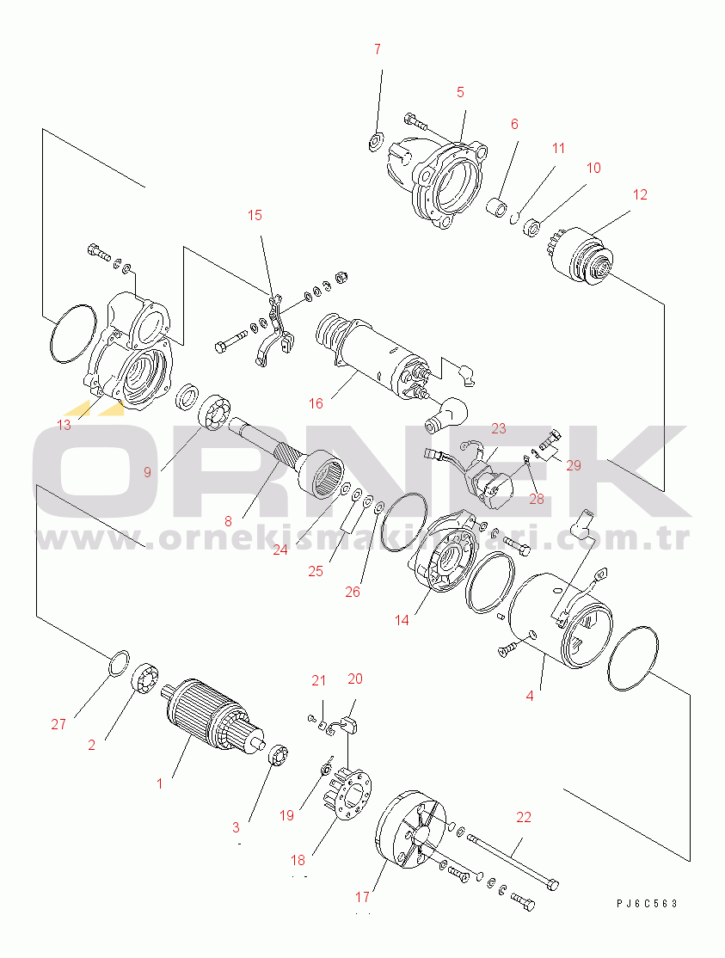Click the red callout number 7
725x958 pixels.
(x=378, y=50)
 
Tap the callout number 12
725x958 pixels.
(x=640, y=195)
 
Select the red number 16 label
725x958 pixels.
(x=316, y=404)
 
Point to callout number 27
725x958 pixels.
(x=58, y=725)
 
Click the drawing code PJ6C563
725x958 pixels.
(x=647, y=904)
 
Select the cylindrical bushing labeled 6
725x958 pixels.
(x=496, y=207)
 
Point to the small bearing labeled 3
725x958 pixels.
(x=278, y=754)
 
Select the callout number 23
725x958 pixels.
(x=499, y=429)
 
